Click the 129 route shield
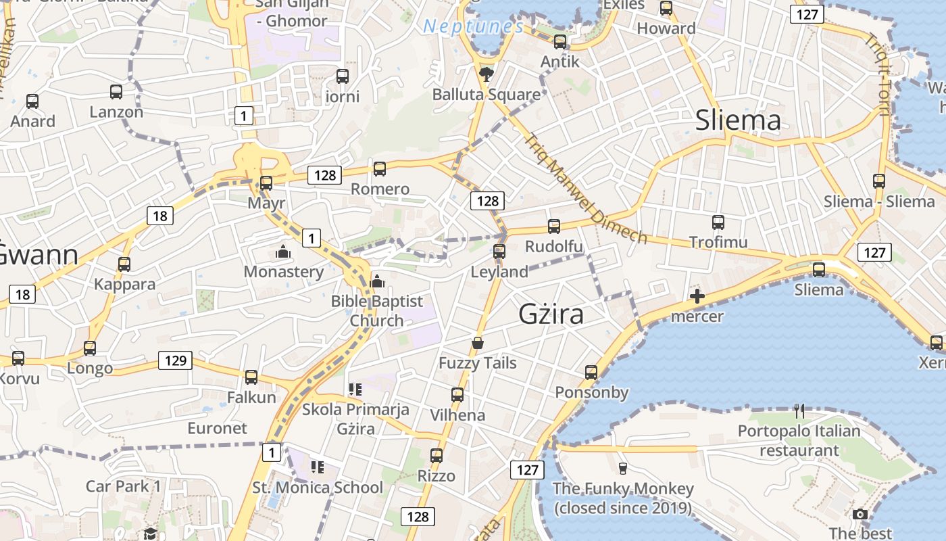pos(175,360)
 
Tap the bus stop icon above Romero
pos(380,169)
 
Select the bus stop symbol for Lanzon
pos(116,92)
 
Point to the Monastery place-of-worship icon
pos(283,252)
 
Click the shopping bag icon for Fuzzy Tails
pos(478,343)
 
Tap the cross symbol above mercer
pos(697,296)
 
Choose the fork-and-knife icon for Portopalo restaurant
pos(800,410)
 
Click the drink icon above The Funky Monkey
pos(623,468)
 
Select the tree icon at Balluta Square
pos(485,74)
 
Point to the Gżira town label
pos(551,314)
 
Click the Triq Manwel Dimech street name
pos(586,189)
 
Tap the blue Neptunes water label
pos(473,27)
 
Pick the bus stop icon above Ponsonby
pos(591,373)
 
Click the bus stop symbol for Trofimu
pos(718,222)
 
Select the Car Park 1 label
pos(124,486)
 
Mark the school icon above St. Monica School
pos(317,467)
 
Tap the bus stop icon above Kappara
pos(124,264)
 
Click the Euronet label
pos(218,428)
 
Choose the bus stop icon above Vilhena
pos(457,395)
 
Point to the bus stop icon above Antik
pos(560,42)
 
